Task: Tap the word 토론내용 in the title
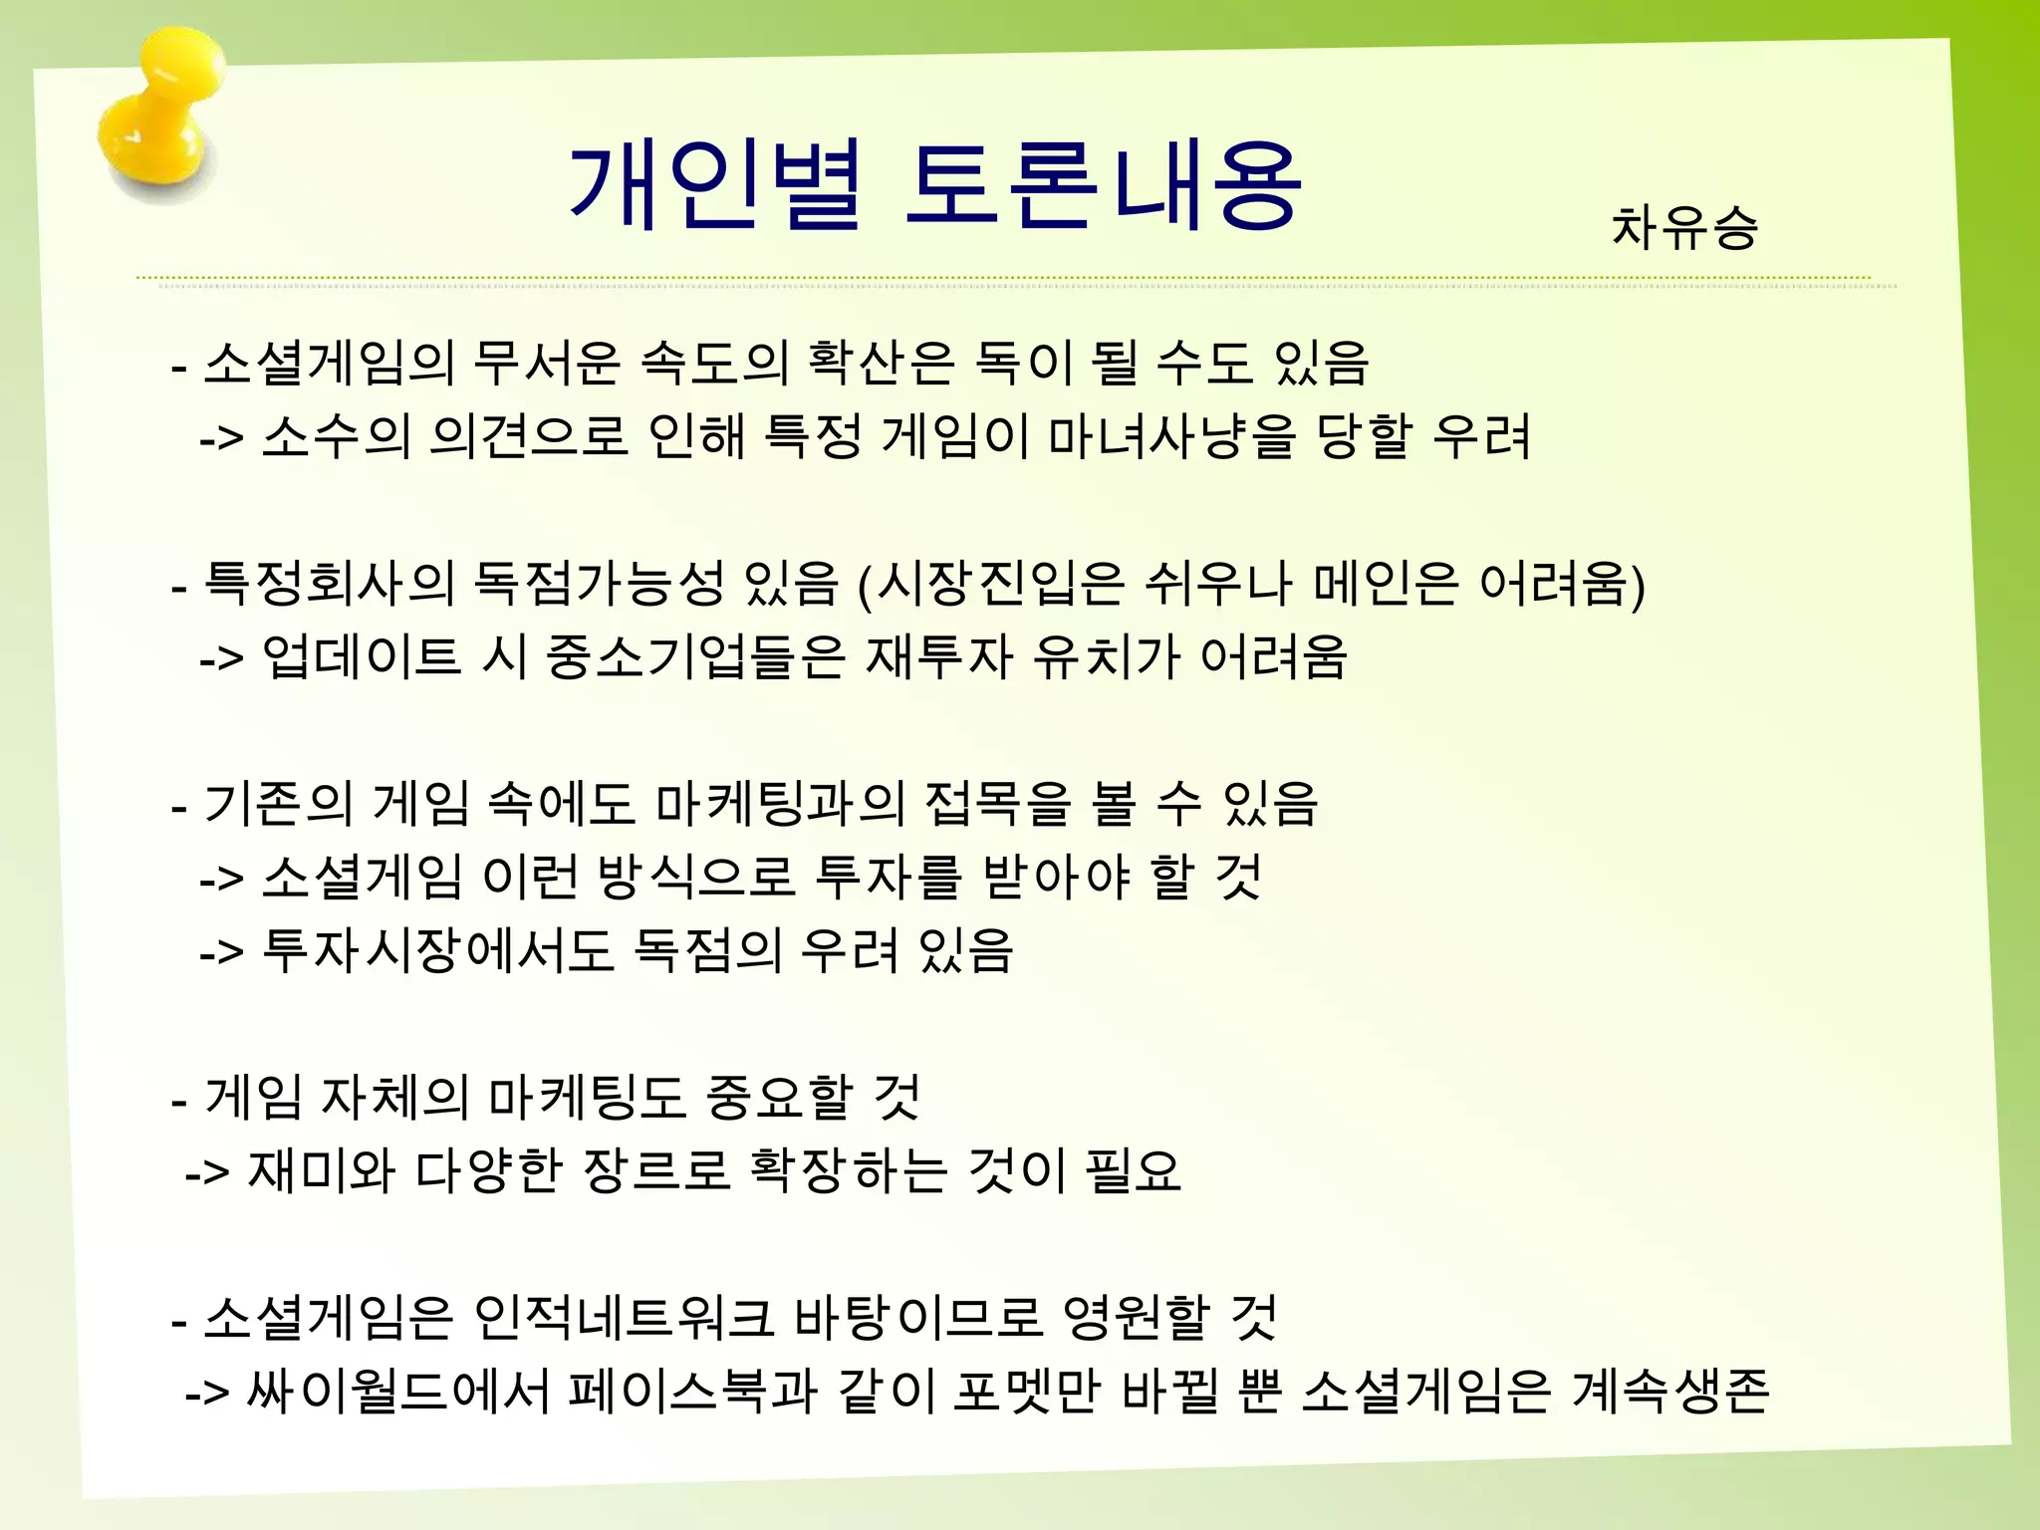(x=1103, y=187)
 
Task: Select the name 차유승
(x=1684, y=227)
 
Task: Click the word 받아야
(x=1056, y=878)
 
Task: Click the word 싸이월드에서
(x=398, y=1392)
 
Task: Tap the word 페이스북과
(x=692, y=1392)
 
